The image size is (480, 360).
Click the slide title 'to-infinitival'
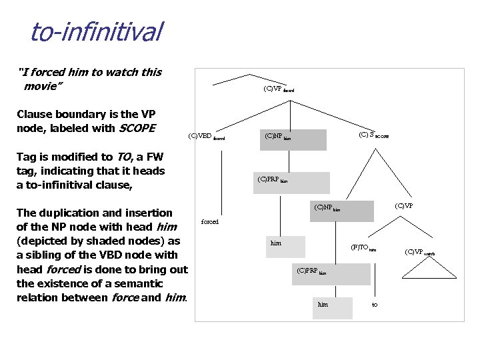pyautogui.click(x=96, y=32)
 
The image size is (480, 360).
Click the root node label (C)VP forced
pyautogui.click(x=278, y=89)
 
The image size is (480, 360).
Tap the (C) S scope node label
pyautogui.click(x=373, y=135)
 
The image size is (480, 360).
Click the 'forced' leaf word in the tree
pyautogui.click(x=210, y=222)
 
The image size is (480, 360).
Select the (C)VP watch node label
pyautogui.click(x=419, y=252)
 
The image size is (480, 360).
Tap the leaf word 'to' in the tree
pyautogui.click(x=375, y=305)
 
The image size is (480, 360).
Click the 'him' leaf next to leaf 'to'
pyautogui.click(x=323, y=305)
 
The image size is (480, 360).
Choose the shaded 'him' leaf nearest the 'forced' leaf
pyautogui.click(x=276, y=243)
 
